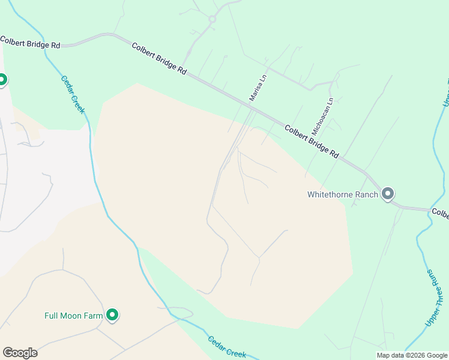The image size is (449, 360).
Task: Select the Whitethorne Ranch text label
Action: pyautogui.click(x=343, y=194)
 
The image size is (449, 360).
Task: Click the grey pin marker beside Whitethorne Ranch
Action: pyautogui.click(x=388, y=193)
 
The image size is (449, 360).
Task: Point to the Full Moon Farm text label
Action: pyautogui.click(x=70, y=315)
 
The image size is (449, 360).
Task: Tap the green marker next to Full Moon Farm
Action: pyautogui.click(x=112, y=314)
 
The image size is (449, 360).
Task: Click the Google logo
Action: pyautogui.click(x=20, y=353)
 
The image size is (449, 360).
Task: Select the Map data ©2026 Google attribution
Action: pyautogui.click(x=411, y=355)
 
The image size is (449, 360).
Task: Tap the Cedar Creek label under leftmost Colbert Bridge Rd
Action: pyautogui.click(x=73, y=94)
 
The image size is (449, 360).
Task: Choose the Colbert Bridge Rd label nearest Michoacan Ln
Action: pyautogui.click(x=311, y=141)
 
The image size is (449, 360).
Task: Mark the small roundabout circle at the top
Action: pyautogui.click(x=212, y=20)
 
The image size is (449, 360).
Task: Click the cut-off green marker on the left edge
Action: pyautogui.click(x=2, y=79)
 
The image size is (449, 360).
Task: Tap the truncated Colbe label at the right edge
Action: pyautogui.click(x=440, y=214)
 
